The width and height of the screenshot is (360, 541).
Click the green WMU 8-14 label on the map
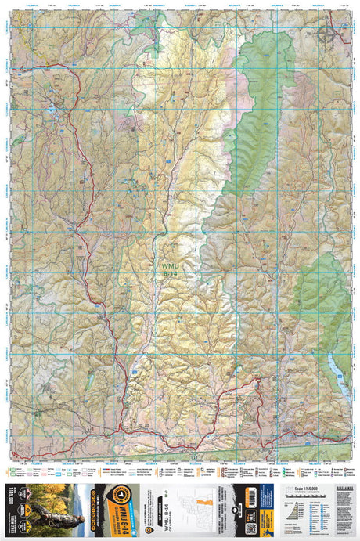(171, 269)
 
